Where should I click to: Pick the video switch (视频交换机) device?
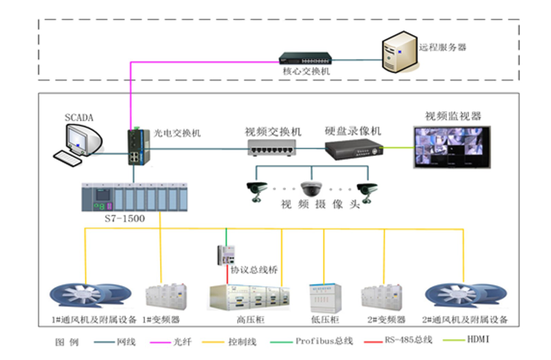click(x=270, y=147)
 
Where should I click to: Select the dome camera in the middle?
click(x=312, y=189)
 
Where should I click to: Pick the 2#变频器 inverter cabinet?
click(x=384, y=298)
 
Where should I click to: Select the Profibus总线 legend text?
click(x=324, y=341)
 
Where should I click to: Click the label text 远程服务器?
click(x=442, y=47)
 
